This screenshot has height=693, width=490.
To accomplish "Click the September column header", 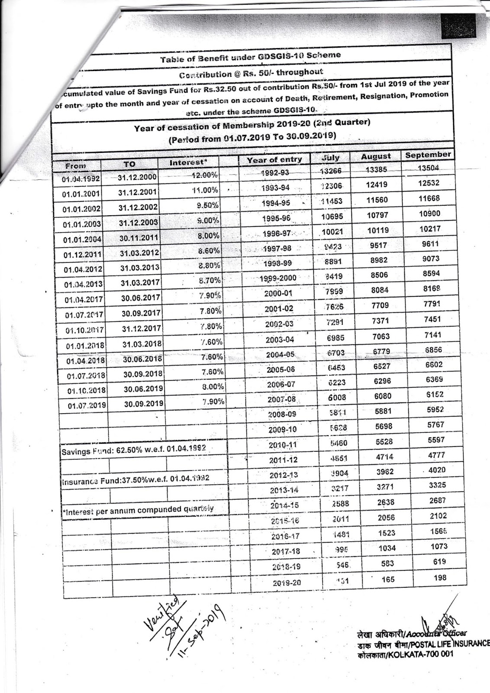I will click(x=428, y=155).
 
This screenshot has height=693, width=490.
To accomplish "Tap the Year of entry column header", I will click(x=274, y=159).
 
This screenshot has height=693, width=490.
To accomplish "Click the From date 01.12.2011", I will click(x=82, y=255).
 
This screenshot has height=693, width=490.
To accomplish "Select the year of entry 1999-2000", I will click(x=278, y=278).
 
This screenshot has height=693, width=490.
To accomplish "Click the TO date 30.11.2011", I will click(x=139, y=237).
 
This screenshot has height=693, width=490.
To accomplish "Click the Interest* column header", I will click(x=188, y=162).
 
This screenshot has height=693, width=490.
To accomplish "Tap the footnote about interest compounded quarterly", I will click(x=139, y=510).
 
